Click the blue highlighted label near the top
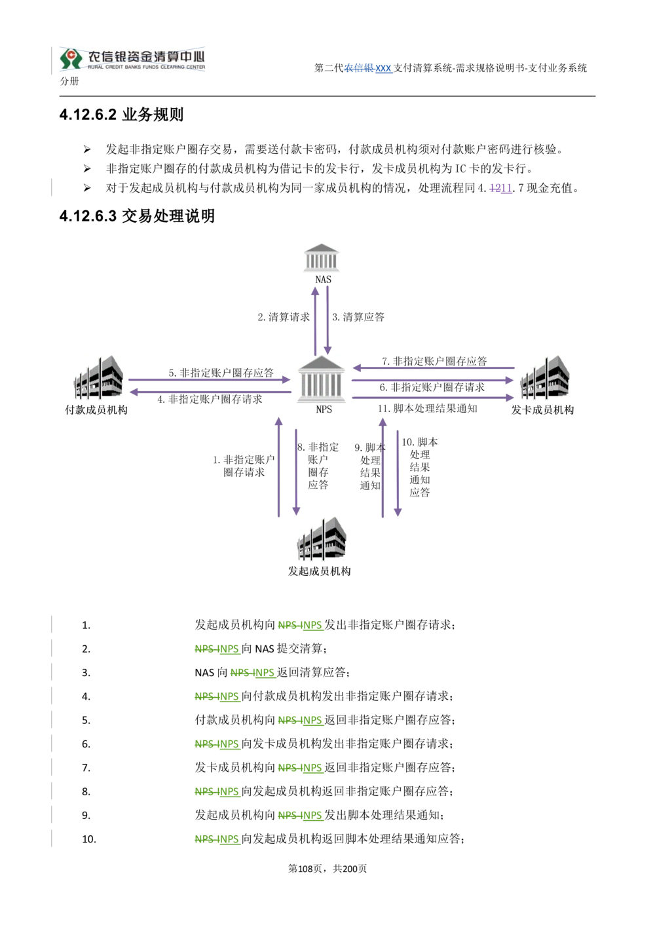pos(368,68)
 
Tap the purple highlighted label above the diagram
pos(500,189)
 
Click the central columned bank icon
pos(321,379)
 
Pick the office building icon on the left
pos(100,378)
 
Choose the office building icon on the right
pos(545,378)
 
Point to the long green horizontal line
pos(445,705)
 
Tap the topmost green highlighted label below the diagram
pos(301,626)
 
